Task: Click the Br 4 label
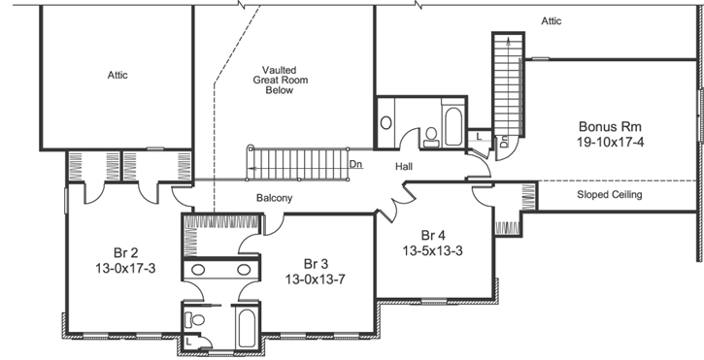[433, 236]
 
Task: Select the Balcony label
[275, 198]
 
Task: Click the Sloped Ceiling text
[610, 194]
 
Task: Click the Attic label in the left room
[117, 75]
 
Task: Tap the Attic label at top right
[551, 19]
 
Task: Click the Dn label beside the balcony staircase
[356, 164]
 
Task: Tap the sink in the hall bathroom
[386, 123]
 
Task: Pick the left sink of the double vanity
[198, 269]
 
